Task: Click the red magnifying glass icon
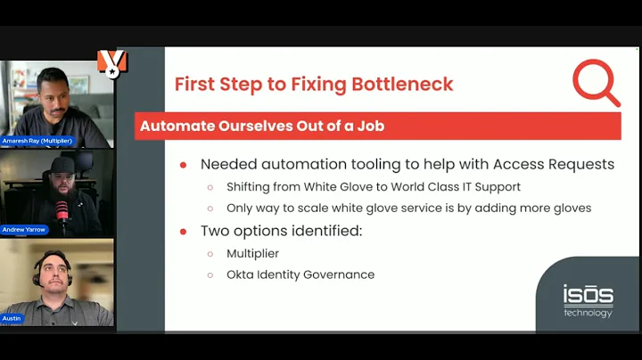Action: pyautogui.click(x=595, y=83)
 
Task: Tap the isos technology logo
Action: pyautogui.click(x=588, y=300)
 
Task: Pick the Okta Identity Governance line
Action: pyautogui.click(x=300, y=274)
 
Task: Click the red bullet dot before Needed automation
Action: pyautogui.click(x=184, y=165)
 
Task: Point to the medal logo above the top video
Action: pyautogui.click(x=111, y=62)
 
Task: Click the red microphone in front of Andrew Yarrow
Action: pyautogui.click(x=62, y=212)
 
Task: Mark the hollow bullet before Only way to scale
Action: pyautogui.click(x=210, y=208)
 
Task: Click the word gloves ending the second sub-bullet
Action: pyautogui.click(x=571, y=208)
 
